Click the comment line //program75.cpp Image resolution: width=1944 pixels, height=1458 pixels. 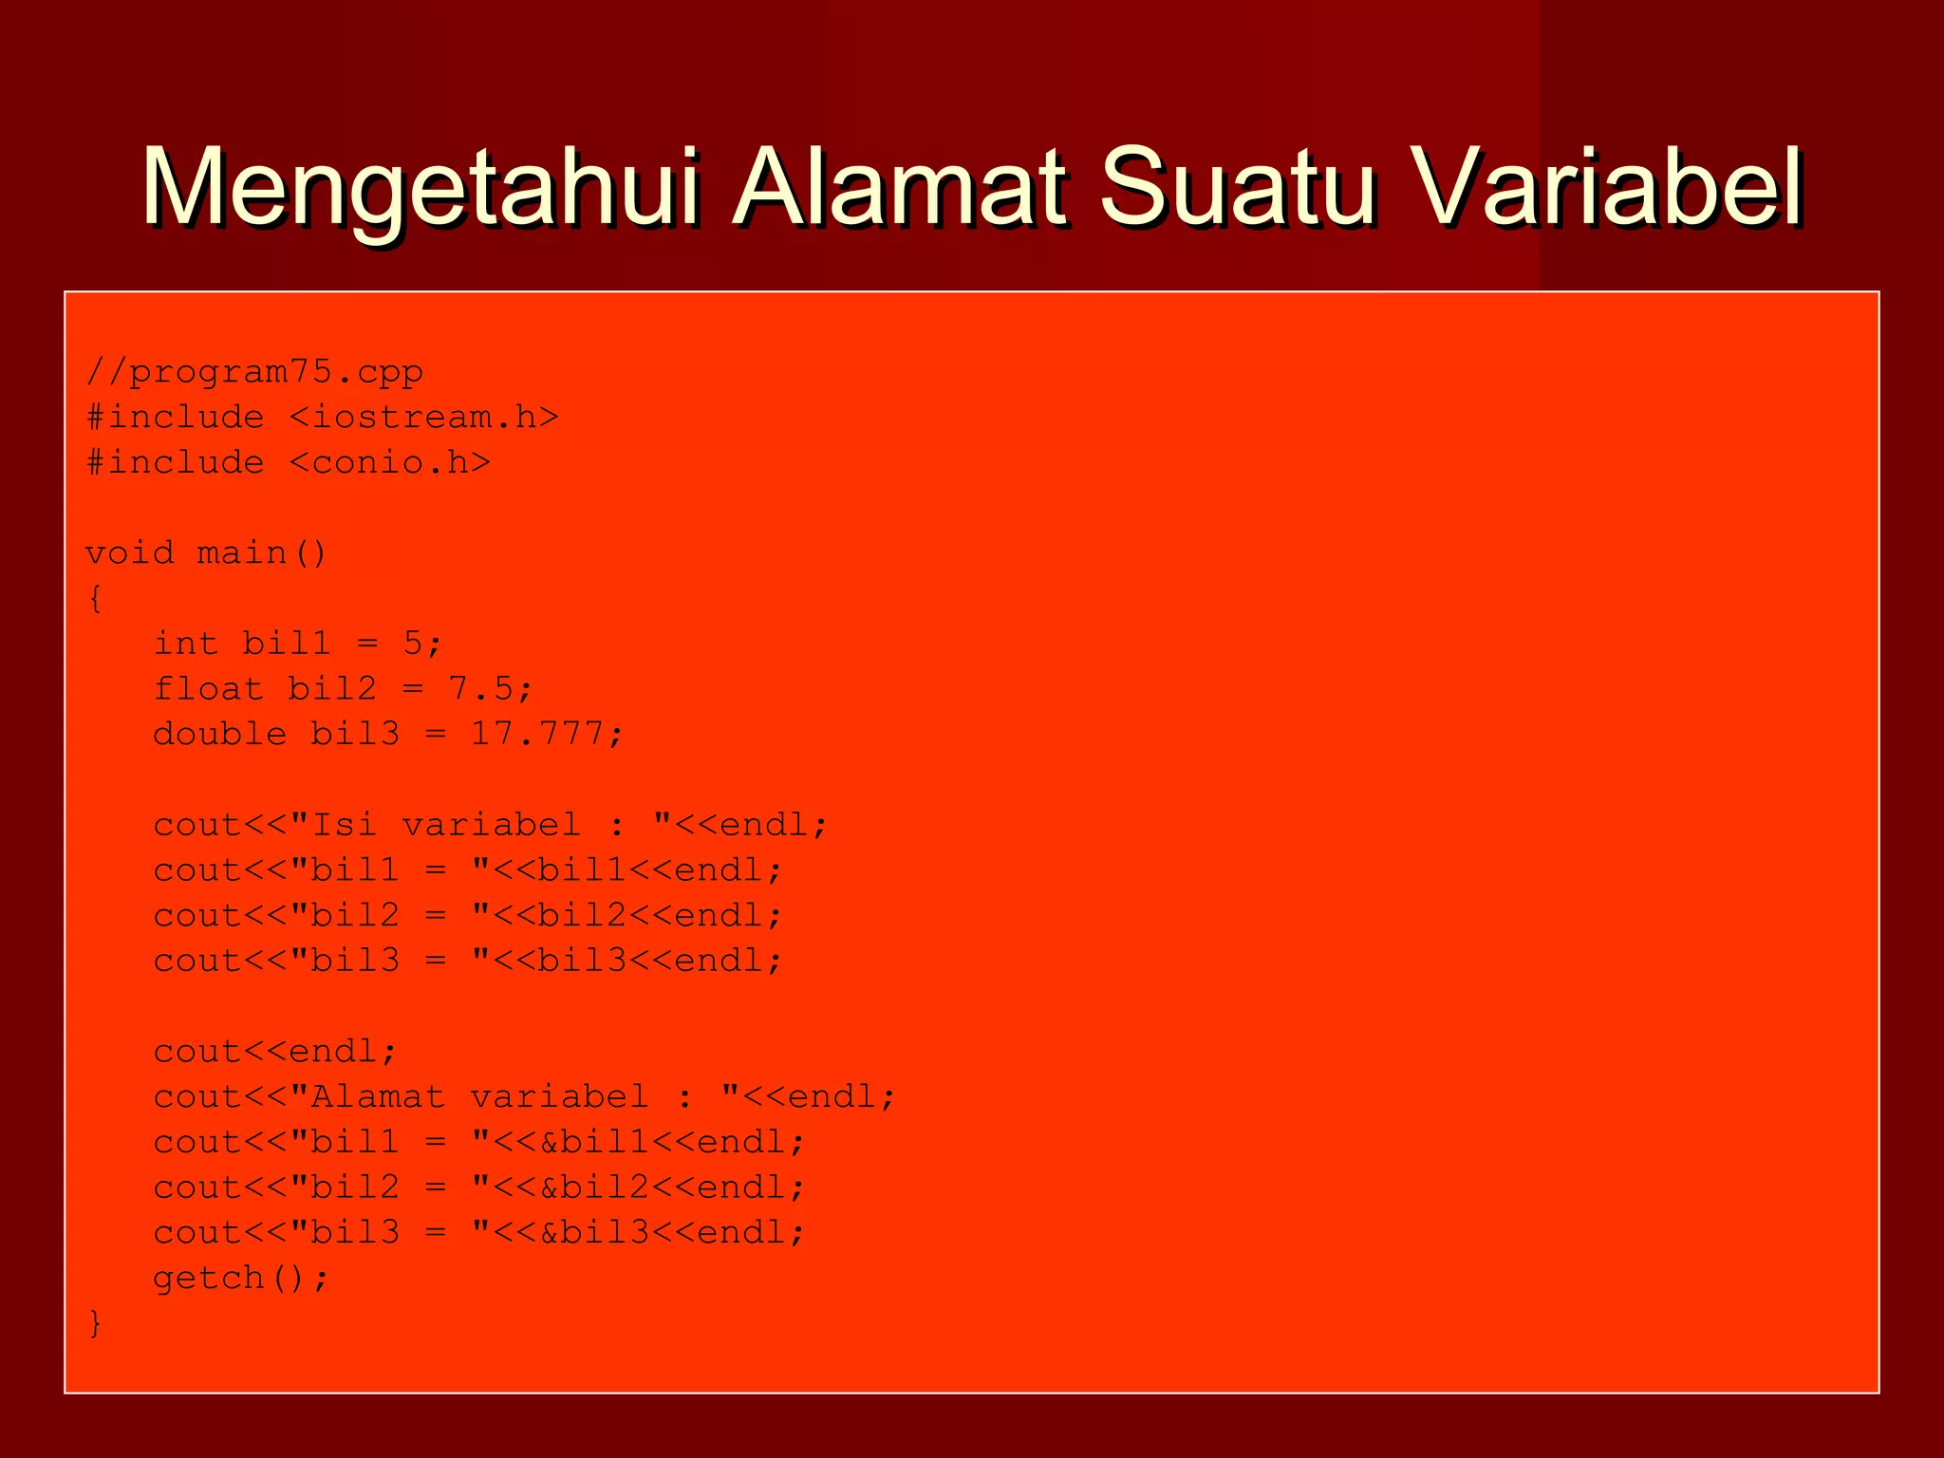click(254, 372)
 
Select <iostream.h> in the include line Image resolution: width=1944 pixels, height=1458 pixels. click(423, 418)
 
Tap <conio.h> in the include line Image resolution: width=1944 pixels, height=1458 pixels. click(389, 463)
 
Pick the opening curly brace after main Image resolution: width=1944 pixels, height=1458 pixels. click(94, 599)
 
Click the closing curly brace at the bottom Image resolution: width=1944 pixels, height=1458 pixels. click(94, 1323)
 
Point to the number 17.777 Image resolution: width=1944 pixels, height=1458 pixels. click(536, 735)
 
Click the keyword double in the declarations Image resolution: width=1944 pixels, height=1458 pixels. click(219, 735)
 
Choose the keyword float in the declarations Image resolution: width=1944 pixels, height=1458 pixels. click(208, 689)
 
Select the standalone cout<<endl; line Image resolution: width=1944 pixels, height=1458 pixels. click(275, 1052)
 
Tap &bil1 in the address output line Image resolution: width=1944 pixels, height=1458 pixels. click(594, 1142)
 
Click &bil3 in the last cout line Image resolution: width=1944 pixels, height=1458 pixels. click(594, 1233)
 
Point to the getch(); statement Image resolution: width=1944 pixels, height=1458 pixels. click(241, 1279)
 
